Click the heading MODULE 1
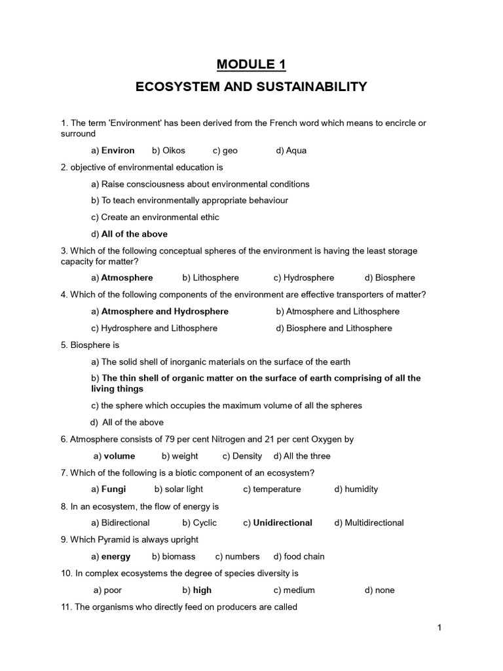coord(251,64)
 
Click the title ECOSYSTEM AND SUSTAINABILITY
coord(251,86)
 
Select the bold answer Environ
coord(117,150)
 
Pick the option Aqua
coord(296,150)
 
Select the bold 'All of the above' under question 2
coord(134,234)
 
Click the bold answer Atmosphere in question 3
coord(127,278)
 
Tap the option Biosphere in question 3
coord(395,278)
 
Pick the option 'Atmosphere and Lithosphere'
coord(343,311)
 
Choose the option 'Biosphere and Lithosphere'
coord(339,328)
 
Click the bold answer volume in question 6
coord(119,456)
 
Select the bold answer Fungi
coord(113,489)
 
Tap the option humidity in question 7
coord(361,489)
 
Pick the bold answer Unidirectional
coord(283,523)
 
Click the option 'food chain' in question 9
coord(304,556)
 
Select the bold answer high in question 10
coord(202,590)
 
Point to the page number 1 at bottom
coord(440,628)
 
